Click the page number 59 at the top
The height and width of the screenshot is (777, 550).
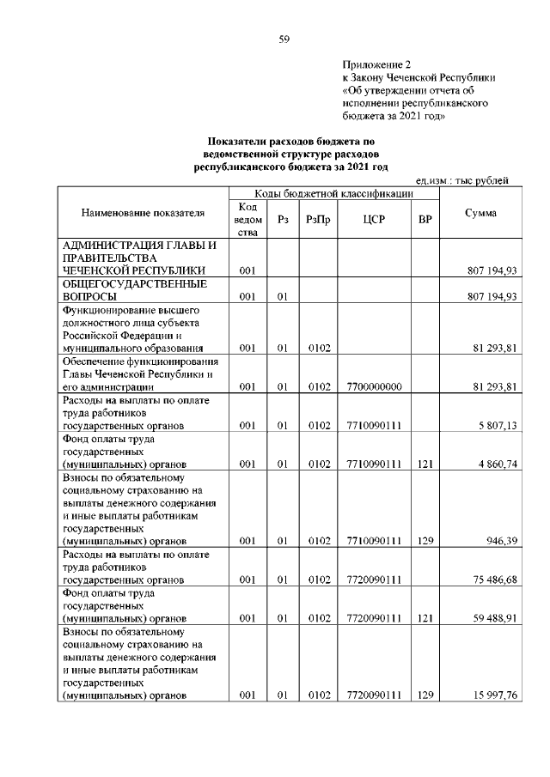[284, 39]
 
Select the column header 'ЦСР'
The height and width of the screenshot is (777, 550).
[374, 220]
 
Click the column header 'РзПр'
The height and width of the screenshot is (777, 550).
[319, 220]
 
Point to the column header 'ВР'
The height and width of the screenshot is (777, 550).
[424, 220]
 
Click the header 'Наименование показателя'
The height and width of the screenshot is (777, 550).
[144, 213]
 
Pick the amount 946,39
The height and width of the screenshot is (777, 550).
[498, 542]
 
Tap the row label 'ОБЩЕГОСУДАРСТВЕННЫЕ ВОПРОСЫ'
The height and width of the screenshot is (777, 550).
[131, 289]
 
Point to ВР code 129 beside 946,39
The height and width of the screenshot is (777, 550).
[424, 542]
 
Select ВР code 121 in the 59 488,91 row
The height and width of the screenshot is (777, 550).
[424, 619]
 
